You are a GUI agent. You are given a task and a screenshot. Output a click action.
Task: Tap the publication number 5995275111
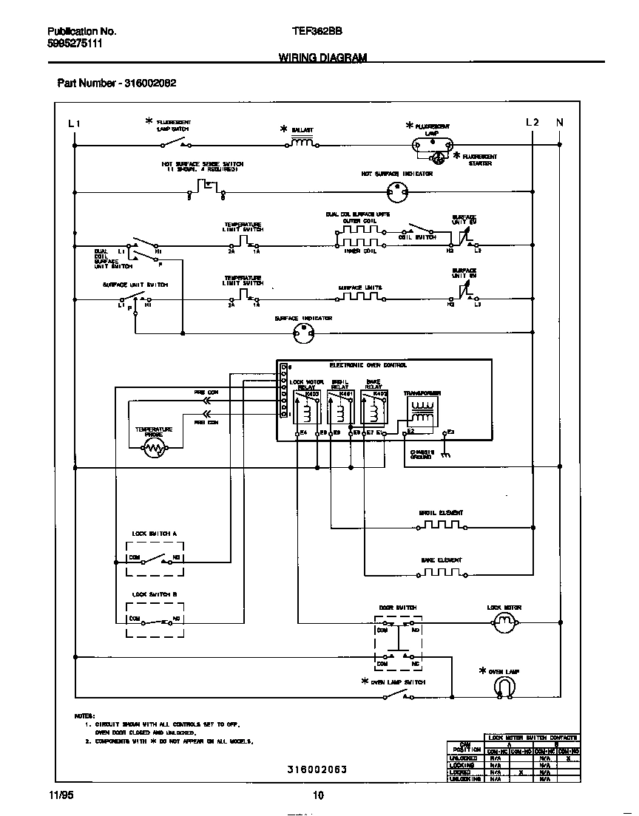pos(75,44)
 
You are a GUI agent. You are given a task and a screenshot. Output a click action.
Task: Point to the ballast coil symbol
pos(302,143)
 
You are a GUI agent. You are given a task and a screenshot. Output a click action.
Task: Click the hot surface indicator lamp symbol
pos(398,193)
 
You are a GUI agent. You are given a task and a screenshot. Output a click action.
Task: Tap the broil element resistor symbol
pos(441,527)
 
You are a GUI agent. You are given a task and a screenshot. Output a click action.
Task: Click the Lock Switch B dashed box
pos(155,619)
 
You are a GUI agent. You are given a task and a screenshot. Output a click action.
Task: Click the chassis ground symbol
pos(444,455)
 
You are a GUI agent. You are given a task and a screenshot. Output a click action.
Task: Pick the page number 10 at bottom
pos(318,795)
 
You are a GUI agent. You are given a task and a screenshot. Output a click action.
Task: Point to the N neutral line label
pos(559,123)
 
